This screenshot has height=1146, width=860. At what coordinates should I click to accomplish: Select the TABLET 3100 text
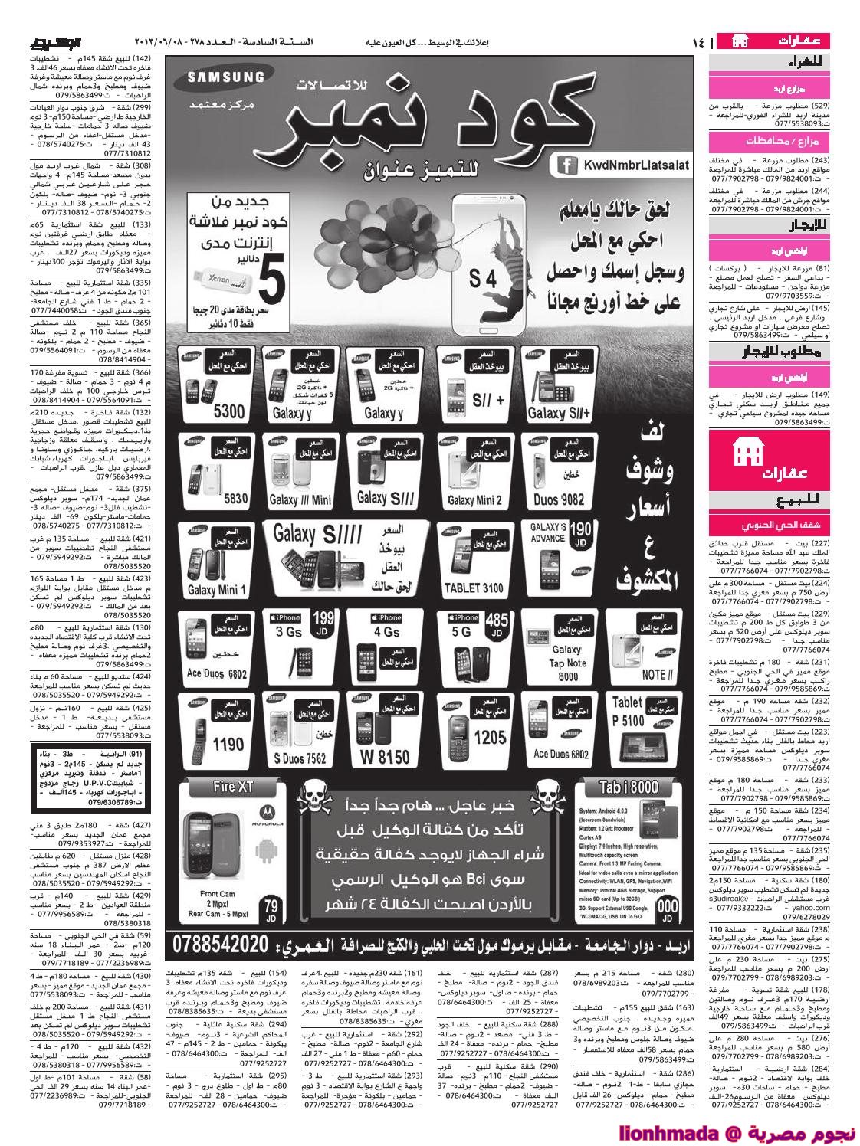pyautogui.click(x=475, y=588)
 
